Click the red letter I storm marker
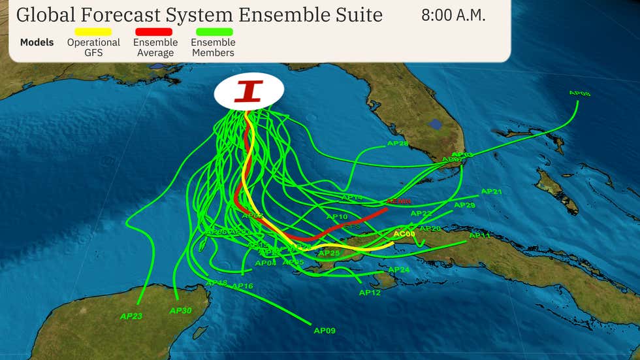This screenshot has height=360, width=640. [x=248, y=91]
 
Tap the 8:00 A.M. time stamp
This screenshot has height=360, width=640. [x=453, y=16]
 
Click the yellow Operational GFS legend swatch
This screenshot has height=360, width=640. [x=93, y=31]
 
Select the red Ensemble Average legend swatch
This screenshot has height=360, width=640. [x=154, y=31]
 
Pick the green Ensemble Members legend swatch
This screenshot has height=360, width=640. [x=213, y=31]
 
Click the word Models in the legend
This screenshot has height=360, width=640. [x=37, y=42]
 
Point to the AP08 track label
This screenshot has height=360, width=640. [x=579, y=93]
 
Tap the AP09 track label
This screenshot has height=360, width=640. [x=325, y=331]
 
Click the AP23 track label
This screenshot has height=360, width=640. [x=131, y=316]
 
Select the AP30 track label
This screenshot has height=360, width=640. [x=180, y=310]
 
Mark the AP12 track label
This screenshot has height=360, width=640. [x=370, y=293]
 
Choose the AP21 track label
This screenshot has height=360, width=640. [x=491, y=191]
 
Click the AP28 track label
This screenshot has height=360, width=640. [x=398, y=144]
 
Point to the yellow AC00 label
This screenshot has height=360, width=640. [x=404, y=234]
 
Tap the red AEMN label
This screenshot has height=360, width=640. [x=398, y=202]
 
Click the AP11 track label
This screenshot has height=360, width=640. [x=480, y=235]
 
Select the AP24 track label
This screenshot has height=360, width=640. [x=399, y=270]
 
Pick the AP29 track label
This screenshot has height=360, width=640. [x=464, y=205]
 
